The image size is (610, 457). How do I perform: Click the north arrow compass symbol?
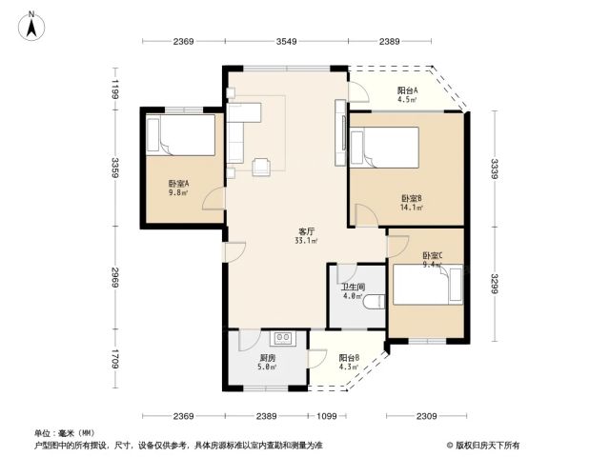31,26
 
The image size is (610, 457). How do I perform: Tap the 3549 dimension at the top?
286,41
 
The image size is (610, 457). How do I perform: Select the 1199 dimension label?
114,89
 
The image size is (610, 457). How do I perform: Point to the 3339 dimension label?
495,169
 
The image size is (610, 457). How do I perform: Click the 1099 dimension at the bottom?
327,417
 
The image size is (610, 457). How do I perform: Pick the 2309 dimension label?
426,417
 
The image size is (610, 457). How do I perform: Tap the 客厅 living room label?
306,231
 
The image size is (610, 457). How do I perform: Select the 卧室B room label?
412,199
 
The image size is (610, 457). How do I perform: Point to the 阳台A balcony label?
407,90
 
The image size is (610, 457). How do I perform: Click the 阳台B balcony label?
349,358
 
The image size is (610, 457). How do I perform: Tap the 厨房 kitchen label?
268,358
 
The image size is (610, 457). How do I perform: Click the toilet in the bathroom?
374,302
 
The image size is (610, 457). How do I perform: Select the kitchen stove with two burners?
283,338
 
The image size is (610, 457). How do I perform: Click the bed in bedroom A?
181,135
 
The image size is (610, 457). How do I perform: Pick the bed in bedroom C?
428,285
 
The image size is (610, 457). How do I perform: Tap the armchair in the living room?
261,167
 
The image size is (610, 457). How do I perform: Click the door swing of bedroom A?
213,199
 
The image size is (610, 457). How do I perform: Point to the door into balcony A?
358,92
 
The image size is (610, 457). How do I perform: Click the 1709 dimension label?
114,358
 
